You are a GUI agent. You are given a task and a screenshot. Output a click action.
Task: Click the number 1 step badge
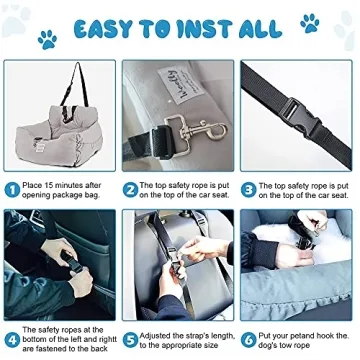pyautogui.click(x=11, y=188)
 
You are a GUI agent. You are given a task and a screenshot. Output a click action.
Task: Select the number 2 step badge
pyautogui.click(x=131, y=188)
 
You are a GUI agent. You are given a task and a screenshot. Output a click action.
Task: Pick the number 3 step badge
pyautogui.click(x=250, y=188)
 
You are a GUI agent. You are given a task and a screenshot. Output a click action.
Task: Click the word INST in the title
pyautogui.click(x=196, y=27)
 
